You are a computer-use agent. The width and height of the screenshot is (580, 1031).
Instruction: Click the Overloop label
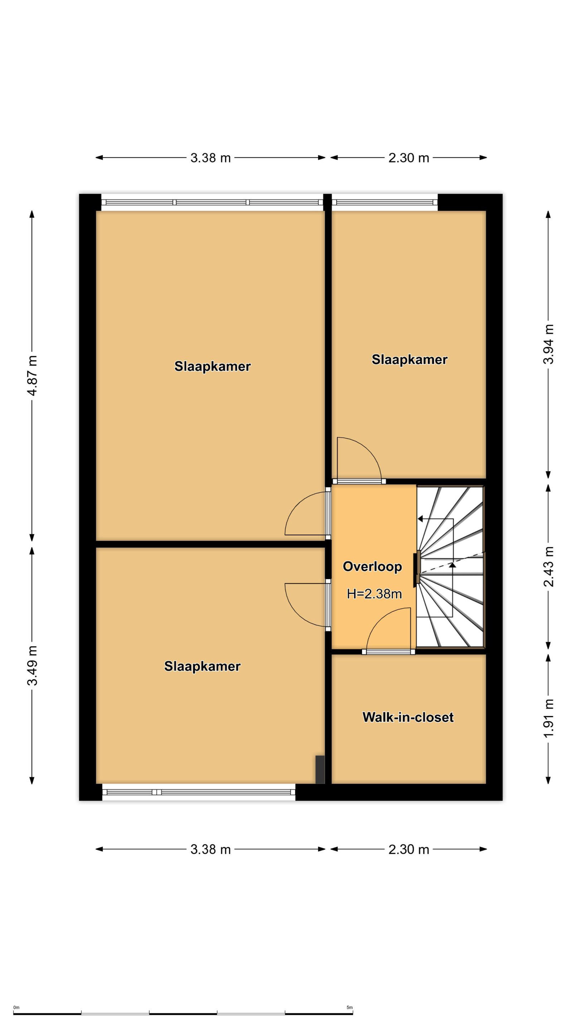click(372, 567)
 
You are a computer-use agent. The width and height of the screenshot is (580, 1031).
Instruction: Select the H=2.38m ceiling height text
click(374, 594)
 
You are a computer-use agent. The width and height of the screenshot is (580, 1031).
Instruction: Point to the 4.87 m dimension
click(32, 376)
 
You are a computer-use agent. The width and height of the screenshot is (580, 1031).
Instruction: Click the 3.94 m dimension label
click(548, 344)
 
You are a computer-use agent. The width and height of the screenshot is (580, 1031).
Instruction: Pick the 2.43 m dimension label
click(548, 567)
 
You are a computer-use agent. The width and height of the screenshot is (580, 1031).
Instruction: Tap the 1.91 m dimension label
click(548, 718)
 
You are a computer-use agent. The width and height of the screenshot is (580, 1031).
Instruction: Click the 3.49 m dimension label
click(32, 665)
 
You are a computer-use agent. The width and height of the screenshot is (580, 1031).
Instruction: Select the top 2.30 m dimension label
click(409, 158)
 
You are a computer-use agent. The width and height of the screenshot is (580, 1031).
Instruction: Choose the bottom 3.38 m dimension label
click(211, 849)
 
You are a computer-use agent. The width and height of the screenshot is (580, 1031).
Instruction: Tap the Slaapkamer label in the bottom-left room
click(202, 666)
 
